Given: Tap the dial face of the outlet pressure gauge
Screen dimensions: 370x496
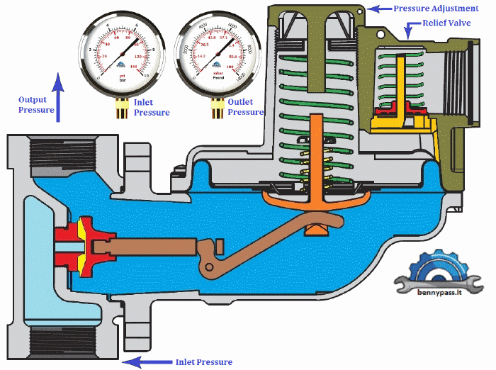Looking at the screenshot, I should (218, 49).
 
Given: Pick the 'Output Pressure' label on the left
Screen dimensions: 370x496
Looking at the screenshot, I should (36, 105).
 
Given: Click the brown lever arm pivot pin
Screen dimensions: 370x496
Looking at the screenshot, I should (208, 267).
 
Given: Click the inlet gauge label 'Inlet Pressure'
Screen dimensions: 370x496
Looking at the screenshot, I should (152, 107).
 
